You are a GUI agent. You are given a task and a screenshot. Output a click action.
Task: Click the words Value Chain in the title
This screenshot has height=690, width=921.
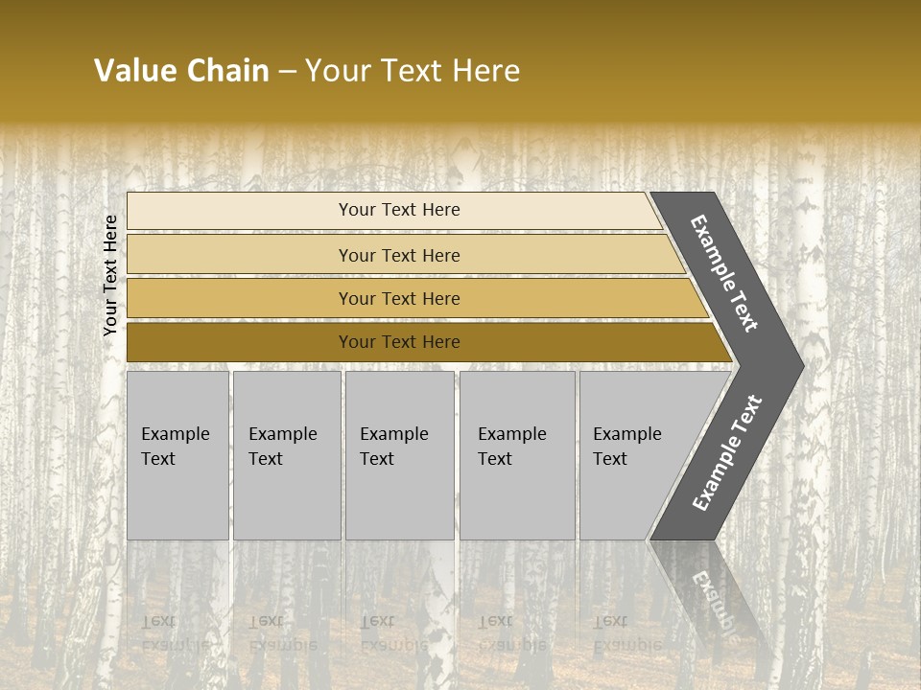tap(181, 71)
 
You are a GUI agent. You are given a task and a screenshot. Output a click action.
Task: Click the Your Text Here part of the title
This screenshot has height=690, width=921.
tap(413, 71)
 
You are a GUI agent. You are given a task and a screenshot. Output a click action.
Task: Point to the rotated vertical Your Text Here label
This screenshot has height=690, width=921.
tap(110, 275)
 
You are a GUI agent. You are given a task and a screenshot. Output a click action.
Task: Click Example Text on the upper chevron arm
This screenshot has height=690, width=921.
tap(724, 273)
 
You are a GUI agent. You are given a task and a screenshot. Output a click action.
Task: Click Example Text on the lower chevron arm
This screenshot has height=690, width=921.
tap(726, 453)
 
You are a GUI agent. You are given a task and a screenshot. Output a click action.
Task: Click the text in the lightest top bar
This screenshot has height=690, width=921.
tap(399, 210)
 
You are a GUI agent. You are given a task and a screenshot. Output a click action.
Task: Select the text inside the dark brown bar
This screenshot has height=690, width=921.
tap(399, 342)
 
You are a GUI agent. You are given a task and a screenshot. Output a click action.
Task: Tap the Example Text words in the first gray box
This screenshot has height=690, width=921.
tap(175, 446)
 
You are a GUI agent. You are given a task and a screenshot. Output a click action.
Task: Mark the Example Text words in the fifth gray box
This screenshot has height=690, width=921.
tap(626, 446)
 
